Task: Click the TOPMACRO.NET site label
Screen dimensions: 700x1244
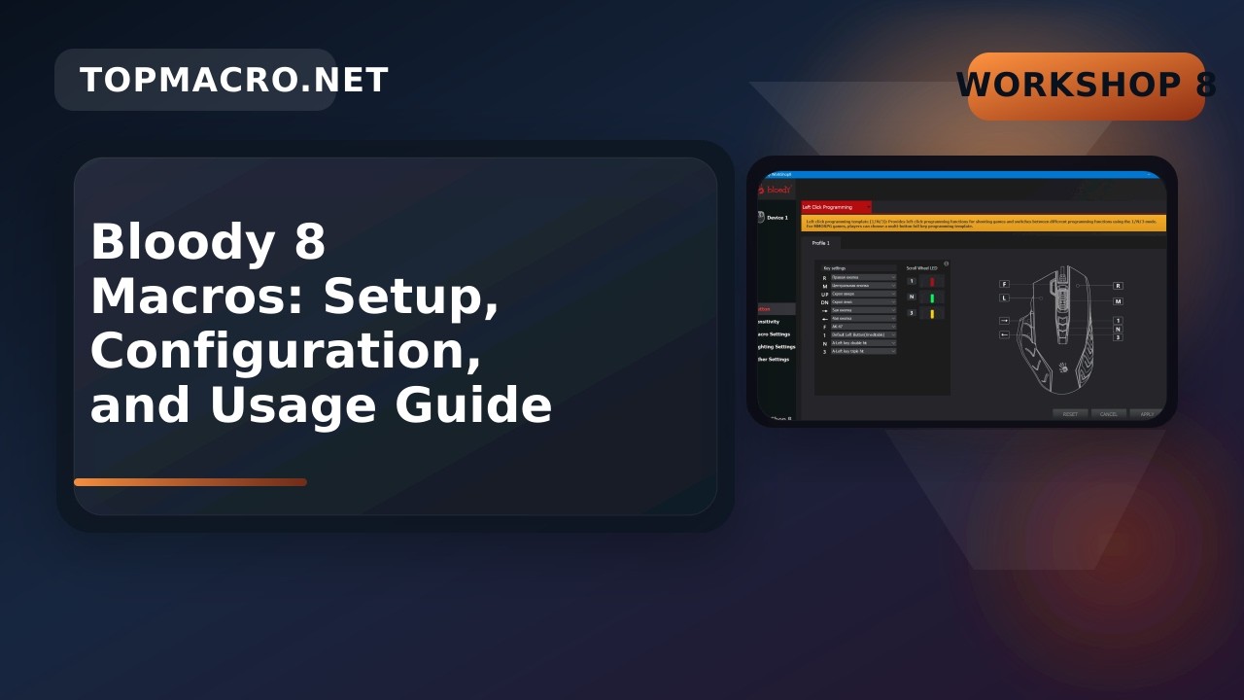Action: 233,81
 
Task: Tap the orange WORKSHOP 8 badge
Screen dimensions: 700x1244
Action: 1086,86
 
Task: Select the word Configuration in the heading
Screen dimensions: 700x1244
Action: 285,351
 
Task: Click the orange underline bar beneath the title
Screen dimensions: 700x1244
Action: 190,482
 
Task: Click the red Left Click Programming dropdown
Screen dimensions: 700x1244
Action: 836,207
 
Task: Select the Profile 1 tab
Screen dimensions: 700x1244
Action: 821,243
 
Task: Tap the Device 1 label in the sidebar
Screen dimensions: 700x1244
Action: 777,218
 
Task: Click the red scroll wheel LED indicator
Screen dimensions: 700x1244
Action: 932,282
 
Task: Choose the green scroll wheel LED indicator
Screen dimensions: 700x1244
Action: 932,297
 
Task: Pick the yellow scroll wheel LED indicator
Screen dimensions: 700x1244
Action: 932,313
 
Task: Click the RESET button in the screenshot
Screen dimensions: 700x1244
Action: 1070,414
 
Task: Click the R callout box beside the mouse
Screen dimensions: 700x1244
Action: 1118,286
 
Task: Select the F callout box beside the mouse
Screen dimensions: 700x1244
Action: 1004,284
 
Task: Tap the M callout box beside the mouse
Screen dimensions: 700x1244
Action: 1118,301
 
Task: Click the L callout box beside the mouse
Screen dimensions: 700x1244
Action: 1004,297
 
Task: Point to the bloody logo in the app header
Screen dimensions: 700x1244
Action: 777,190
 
